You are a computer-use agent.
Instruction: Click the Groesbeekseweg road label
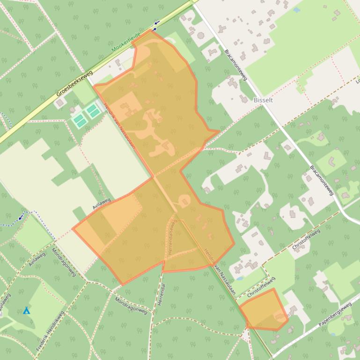74,83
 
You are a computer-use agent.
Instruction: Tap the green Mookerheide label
127,42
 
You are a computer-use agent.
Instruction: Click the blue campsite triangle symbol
27,310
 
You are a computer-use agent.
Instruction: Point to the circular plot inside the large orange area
184,202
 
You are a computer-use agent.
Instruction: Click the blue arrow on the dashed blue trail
20,216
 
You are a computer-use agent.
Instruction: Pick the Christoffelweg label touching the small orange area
261,287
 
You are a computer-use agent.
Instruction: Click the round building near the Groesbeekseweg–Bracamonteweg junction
201,36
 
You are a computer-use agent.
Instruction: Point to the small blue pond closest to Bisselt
296,9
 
